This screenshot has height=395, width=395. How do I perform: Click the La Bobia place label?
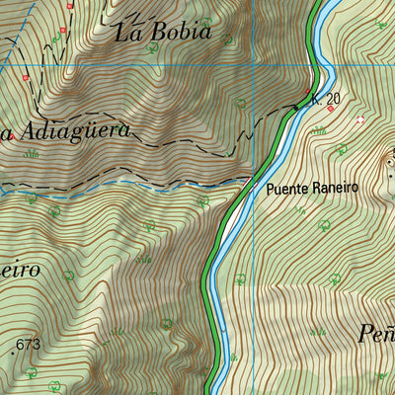(163, 32)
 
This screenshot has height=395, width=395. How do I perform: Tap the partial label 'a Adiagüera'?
(64, 131)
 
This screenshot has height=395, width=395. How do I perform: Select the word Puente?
(287, 188)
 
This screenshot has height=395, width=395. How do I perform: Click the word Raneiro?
(335, 188)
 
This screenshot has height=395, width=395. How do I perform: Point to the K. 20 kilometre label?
(325, 99)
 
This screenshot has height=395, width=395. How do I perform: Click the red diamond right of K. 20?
(330, 110)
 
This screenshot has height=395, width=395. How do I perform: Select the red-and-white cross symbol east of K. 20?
(360, 120)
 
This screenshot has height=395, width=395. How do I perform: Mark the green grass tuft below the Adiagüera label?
(32, 153)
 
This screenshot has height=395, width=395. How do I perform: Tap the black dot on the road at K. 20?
(295, 105)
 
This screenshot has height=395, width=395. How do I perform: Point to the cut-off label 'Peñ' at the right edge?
(376, 334)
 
